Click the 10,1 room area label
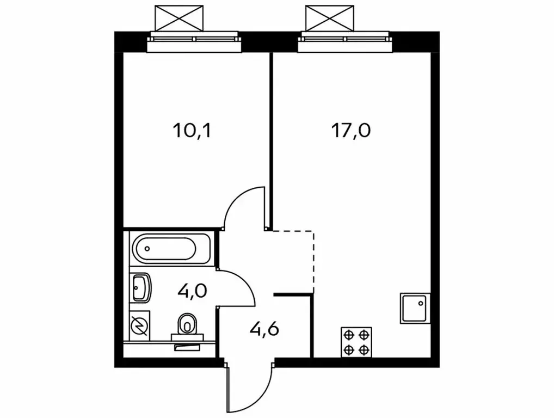click(192, 131)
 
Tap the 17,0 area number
click(351, 131)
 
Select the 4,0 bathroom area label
click(193, 292)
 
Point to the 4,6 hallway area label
click(264, 329)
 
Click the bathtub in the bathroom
click(171, 249)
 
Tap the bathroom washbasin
click(141, 288)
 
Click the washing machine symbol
click(139, 325)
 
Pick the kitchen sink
click(415, 308)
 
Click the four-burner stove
click(356, 342)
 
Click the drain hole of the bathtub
click(147, 249)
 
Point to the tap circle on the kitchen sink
click(421, 303)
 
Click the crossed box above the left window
click(179, 18)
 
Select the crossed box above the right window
click(330, 18)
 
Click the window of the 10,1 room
click(194, 42)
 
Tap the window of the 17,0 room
click(345, 42)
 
